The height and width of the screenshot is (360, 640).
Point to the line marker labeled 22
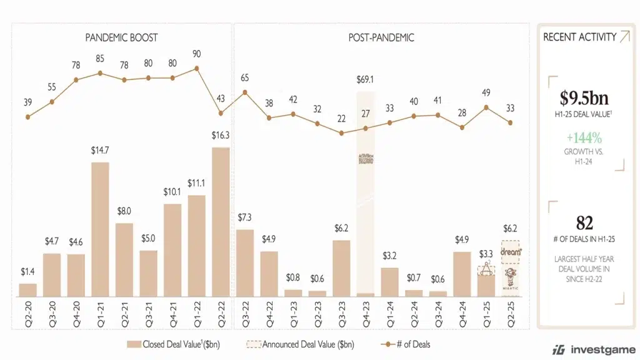pos(341,133)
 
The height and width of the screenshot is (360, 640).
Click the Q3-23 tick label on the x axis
pos(342,312)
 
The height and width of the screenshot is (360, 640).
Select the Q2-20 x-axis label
pos(28,312)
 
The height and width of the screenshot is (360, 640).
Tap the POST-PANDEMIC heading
pos(381,38)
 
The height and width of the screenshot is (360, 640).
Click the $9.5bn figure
pos(584,98)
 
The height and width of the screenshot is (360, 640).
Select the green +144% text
pos(584,138)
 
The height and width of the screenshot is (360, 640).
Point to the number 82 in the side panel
pos(584,223)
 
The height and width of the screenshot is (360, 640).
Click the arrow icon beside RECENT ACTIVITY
pos(624,37)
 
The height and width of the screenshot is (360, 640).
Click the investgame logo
pos(594,349)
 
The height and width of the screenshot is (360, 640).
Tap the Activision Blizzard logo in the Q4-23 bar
pos(366,161)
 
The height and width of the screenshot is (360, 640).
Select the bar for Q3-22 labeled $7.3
pos(245,262)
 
